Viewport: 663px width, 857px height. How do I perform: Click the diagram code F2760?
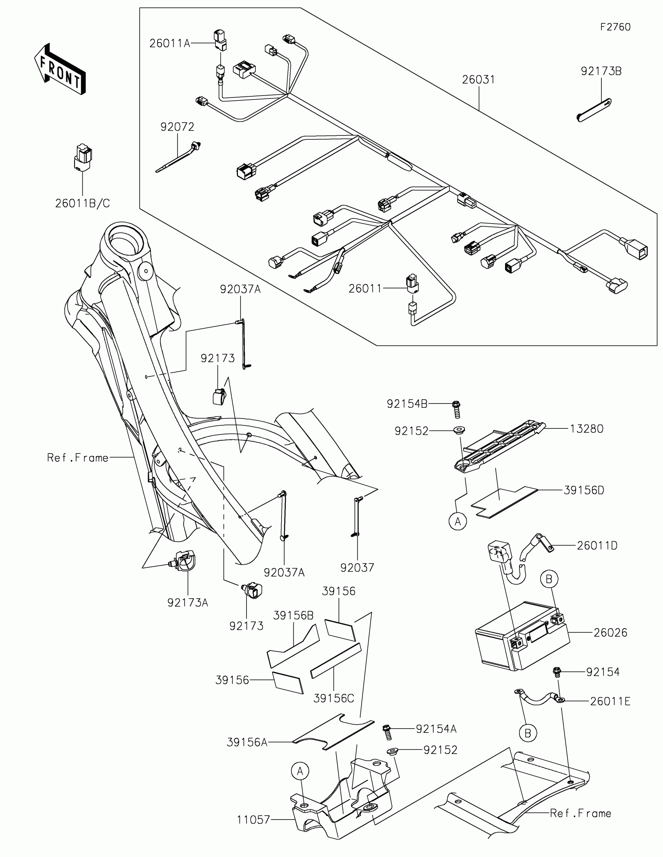point(615,27)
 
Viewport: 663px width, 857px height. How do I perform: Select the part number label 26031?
point(478,80)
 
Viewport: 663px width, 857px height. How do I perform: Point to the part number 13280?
point(586,429)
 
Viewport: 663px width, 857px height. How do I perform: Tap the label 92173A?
point(188,603)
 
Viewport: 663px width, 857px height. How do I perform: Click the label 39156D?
point(584,490)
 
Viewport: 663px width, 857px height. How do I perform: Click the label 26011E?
point(610,701)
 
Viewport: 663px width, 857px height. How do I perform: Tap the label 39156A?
point(247,742)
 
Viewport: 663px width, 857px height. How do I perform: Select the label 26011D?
point(597,546)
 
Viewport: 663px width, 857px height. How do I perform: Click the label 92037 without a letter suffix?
point(357,568)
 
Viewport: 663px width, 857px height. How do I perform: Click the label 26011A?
point(169,44)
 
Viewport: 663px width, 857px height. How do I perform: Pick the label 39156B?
point(293,616)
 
